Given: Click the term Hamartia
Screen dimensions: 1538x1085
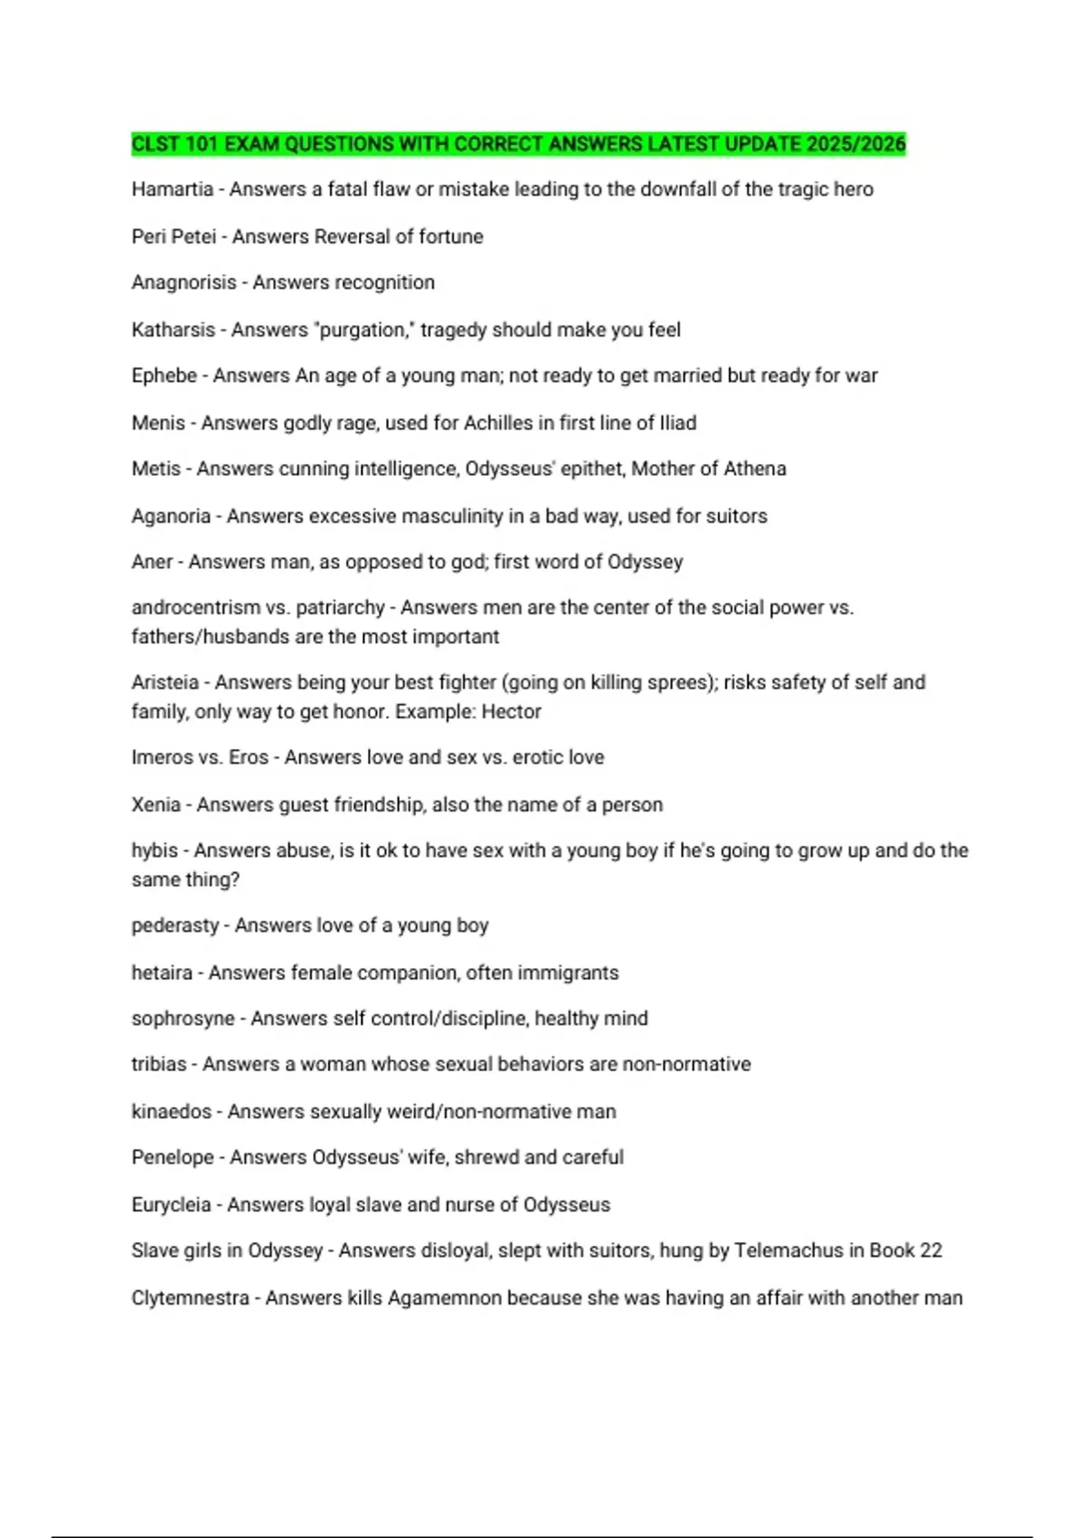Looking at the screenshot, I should pyautogui.click(x=172, y=189).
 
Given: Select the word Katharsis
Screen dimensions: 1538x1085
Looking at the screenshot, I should pyautogui.click(x=173, y=329).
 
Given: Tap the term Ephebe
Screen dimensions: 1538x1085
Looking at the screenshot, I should pyautogui.click(x=164, y=375).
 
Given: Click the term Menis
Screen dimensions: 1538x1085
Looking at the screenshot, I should pyautogui.click(x=157, y=422).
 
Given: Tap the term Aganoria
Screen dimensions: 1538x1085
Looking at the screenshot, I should pyautogui.click(x=170, y=516).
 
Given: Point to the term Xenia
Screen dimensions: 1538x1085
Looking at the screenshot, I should pyautogui.click(x=156, y=804).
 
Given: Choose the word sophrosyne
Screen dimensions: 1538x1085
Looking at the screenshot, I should pyautogui.click(x=183, y=1019).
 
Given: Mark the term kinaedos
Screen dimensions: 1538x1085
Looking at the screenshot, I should pyautogui.click(x=171, y=1111).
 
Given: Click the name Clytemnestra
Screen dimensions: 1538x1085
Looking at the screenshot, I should pyautogui.click(x=190, y=1297).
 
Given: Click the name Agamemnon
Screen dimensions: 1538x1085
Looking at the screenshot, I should pyautogui.click(x=444, y=1297).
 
